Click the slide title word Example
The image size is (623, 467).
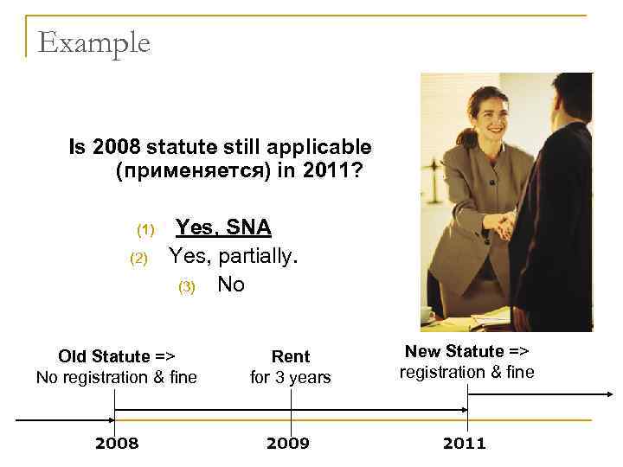(x=94, y=42)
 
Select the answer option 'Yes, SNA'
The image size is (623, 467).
(x=223, y=227)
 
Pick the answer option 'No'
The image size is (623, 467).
(x=231, y=284)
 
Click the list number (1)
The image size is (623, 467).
(x=145, y=230)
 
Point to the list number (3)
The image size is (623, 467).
(x=188, y=286)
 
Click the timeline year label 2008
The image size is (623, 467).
(x=116, y=444)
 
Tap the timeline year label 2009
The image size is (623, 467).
(x=290, y=444)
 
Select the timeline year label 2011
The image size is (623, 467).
(x=465, y=444)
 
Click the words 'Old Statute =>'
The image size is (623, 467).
(x=117, y=356)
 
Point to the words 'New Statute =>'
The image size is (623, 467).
(x=466, y=351)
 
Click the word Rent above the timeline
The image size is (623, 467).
(x=291, y=356)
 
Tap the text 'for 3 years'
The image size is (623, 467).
(x=291, y=377)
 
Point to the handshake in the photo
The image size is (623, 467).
(x=502, y=227)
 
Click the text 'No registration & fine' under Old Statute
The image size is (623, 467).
(x=117, y=377)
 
